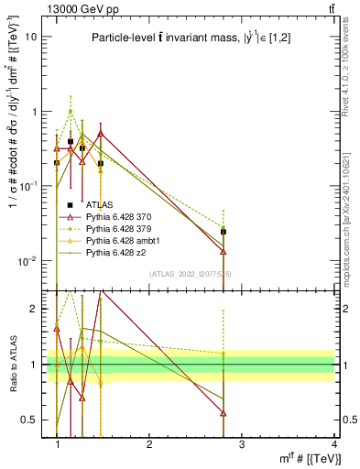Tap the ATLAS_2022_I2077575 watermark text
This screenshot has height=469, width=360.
pos(191,274)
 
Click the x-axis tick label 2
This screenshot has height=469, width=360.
pos(149,446)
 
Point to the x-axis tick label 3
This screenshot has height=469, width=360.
pos(242,446)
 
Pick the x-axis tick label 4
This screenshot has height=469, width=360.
pos(333,446)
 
